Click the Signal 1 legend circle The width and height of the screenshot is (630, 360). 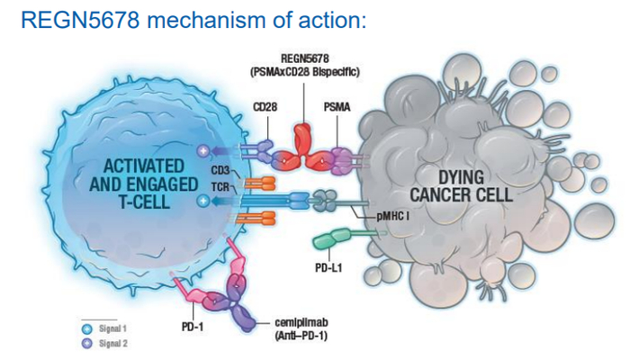[86, 330]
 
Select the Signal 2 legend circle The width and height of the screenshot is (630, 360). [86, 345]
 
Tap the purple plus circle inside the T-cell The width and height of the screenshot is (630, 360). [203, 150]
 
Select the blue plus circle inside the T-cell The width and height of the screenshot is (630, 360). [203, 200]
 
